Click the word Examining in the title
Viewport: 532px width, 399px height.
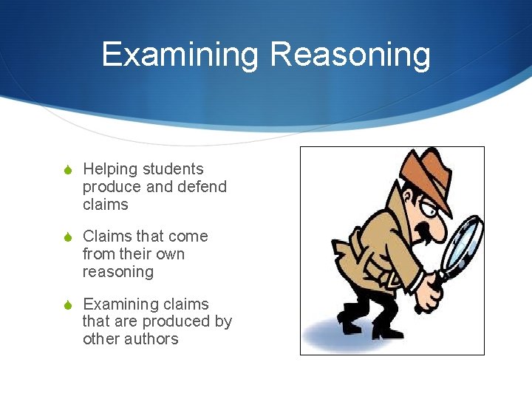point(180,55)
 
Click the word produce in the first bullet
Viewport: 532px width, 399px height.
point(110,188)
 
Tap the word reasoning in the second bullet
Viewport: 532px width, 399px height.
point(118,272)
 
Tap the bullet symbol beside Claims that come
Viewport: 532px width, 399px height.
point(68,237)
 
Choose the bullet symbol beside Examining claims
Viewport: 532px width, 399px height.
point(68,305)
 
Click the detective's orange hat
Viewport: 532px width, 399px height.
point(426,174)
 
